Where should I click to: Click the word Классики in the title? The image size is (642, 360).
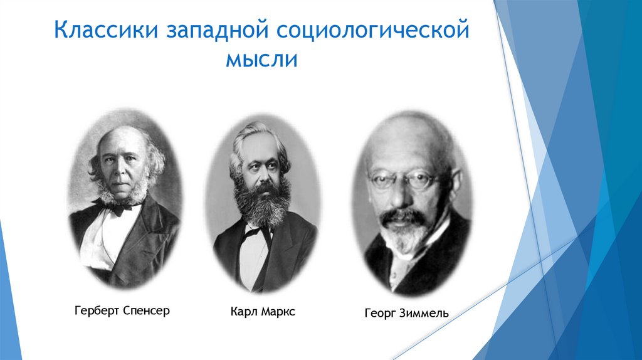tap(100, 31)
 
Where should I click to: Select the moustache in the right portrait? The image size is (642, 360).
tap(401, 216)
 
